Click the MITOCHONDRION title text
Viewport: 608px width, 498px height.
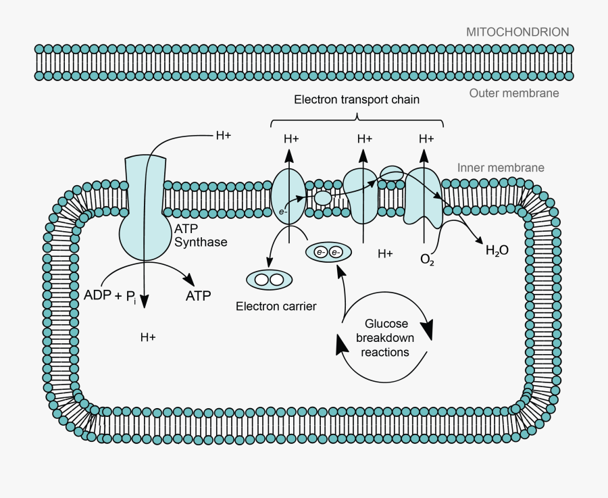click(517, 32)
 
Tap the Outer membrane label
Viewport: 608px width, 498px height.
click(514, 93)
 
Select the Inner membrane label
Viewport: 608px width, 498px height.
click(501, 168)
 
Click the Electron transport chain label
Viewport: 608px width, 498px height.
click(357, 99)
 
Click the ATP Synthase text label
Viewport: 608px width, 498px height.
click(201, 236)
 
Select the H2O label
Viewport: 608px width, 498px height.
click(497, 251)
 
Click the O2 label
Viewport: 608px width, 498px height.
click(427, 259)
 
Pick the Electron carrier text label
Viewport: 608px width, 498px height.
click(276, 307)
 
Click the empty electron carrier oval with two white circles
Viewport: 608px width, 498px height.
click(269, 280)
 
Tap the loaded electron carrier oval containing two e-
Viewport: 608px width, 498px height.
click(328, 253)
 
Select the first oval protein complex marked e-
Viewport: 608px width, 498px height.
click(288, 195)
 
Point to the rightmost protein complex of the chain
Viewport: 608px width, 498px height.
click(423, 196)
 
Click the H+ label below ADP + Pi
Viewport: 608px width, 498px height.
click(148, 337)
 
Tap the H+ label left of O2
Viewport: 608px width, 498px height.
click(385, 254)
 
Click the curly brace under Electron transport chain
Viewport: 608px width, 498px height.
click(357, 122)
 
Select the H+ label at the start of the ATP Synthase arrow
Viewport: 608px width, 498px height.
click(223, 135)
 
